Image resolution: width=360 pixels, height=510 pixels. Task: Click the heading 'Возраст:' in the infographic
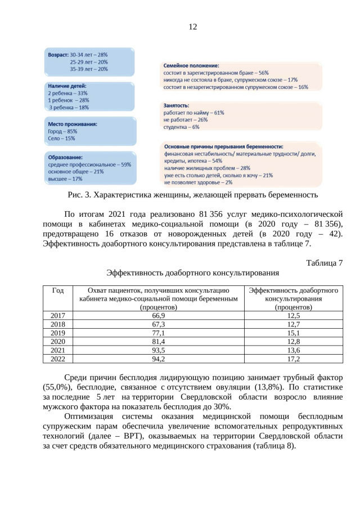click(x=57, y=55)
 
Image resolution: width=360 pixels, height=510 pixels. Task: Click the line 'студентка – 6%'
click(x=181, y=127)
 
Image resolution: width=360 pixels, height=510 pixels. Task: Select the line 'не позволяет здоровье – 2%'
click(x=198, y=182)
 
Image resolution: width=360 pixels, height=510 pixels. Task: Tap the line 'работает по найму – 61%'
click(x=193, y=113)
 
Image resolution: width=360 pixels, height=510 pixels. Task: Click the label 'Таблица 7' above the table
click(x=324, y=263)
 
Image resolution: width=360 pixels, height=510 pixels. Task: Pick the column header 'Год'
click(x=58, y=290)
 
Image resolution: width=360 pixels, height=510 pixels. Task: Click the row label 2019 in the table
click(x=58, y=333)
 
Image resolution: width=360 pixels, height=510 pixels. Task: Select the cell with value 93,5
click(x=159, y=350)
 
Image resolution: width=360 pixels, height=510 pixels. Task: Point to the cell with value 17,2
click(x=294, y=358)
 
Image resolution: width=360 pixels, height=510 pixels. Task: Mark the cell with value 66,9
click(x=159, y=316)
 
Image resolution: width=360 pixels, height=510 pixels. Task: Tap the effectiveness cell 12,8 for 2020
click(x=294, y=341)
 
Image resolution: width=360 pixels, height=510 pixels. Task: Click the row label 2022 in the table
click(x=58, y=358)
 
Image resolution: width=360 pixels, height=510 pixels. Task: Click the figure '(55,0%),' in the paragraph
click(x=59, y=388)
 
